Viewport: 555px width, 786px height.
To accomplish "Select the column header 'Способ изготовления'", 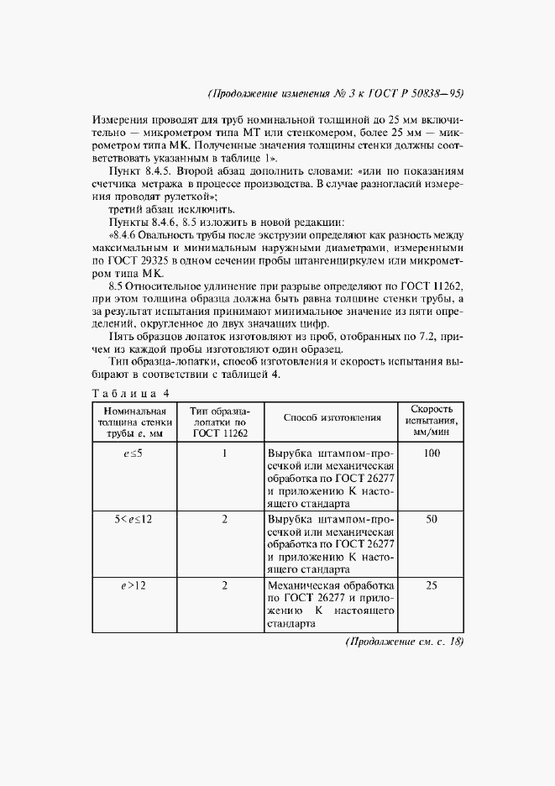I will point(332,417).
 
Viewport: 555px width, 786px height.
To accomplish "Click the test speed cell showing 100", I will point(432,453).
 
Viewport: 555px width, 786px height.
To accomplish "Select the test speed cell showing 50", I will point(432,520).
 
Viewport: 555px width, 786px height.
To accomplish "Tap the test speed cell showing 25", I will point(432,585).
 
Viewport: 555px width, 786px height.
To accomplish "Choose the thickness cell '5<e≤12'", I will point(134,520).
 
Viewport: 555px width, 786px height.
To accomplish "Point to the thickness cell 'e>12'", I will point(134,585).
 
